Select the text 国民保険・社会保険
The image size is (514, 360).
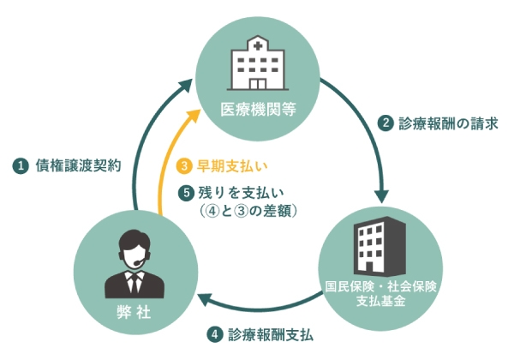[380, 285]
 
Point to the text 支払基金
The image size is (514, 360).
[380, 301]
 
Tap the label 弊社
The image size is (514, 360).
[132, 313]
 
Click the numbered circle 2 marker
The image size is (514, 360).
[386, 123]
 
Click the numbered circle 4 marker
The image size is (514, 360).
[215, 333]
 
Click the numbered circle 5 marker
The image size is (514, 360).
[182, 190]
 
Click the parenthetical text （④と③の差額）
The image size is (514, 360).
[241, 210]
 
